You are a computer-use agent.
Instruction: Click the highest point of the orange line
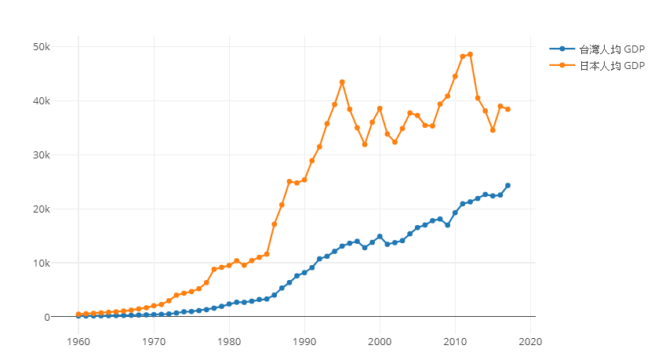[x=470, y=54]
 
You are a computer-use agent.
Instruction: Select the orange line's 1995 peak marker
[x=342, y=82]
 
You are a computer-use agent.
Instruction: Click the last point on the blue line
[x=507, y=186]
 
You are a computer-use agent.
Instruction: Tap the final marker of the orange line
[x=507, y=109]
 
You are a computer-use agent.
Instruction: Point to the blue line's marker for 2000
[x=380, y=237]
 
